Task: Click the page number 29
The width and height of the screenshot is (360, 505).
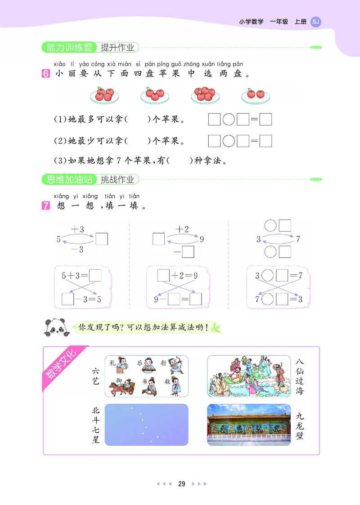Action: (181, 484)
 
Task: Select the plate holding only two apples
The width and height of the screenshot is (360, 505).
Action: (255, 94)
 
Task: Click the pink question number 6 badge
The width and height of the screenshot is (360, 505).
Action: (45, 74)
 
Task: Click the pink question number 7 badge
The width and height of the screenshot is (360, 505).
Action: (45, 207)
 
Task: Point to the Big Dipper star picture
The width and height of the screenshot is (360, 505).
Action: (146, 425)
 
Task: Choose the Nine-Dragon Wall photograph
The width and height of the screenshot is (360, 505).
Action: (249, 425)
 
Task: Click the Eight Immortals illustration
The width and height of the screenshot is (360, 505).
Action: (249, 376)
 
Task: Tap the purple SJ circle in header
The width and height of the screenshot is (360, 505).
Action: (316, 22)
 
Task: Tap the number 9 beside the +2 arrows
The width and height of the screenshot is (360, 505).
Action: (202, 239)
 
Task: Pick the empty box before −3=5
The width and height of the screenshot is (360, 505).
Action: (67, 299)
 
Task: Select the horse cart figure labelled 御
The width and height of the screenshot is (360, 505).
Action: (121, 387)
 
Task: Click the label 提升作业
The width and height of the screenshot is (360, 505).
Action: (117, 47)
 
